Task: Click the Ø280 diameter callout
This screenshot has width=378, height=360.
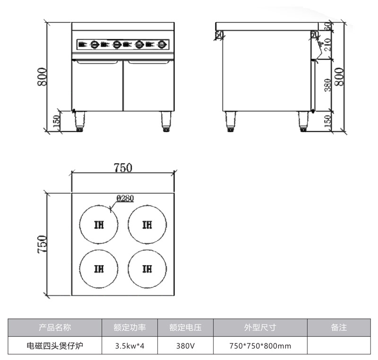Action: click(x=124, y=199)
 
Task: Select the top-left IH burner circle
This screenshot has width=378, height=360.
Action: click(x=99, y=224)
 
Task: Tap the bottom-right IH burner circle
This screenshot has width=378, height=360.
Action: click(x=147, y=269)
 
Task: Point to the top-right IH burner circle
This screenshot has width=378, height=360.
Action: click(x=147, y=224)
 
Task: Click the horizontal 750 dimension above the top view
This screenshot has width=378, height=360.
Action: click(x=123, y=167)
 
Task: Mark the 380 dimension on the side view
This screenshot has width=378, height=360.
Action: click(x=326, y=86)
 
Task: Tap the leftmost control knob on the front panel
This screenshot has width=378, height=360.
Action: click(x=94, y=45)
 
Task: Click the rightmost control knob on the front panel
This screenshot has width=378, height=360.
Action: click(x=162, y=45)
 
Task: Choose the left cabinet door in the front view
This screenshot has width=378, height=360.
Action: click(x=97, y=85)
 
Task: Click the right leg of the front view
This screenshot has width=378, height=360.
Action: click(x=166, y=121)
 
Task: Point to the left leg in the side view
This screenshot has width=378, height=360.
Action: click(x=231, y=121)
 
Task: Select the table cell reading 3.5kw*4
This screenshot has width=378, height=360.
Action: click(x=129, y=345)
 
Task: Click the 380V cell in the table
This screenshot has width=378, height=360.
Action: click(x=186, y=345)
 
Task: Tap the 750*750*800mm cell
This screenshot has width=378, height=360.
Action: click(x=260, y=345)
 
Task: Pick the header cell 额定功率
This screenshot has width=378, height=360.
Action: click(x=129, y=327)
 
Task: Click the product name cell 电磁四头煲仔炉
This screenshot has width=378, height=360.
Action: click(x=55, y=345)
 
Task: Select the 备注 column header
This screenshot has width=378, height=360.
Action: click(x=339, y=327)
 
